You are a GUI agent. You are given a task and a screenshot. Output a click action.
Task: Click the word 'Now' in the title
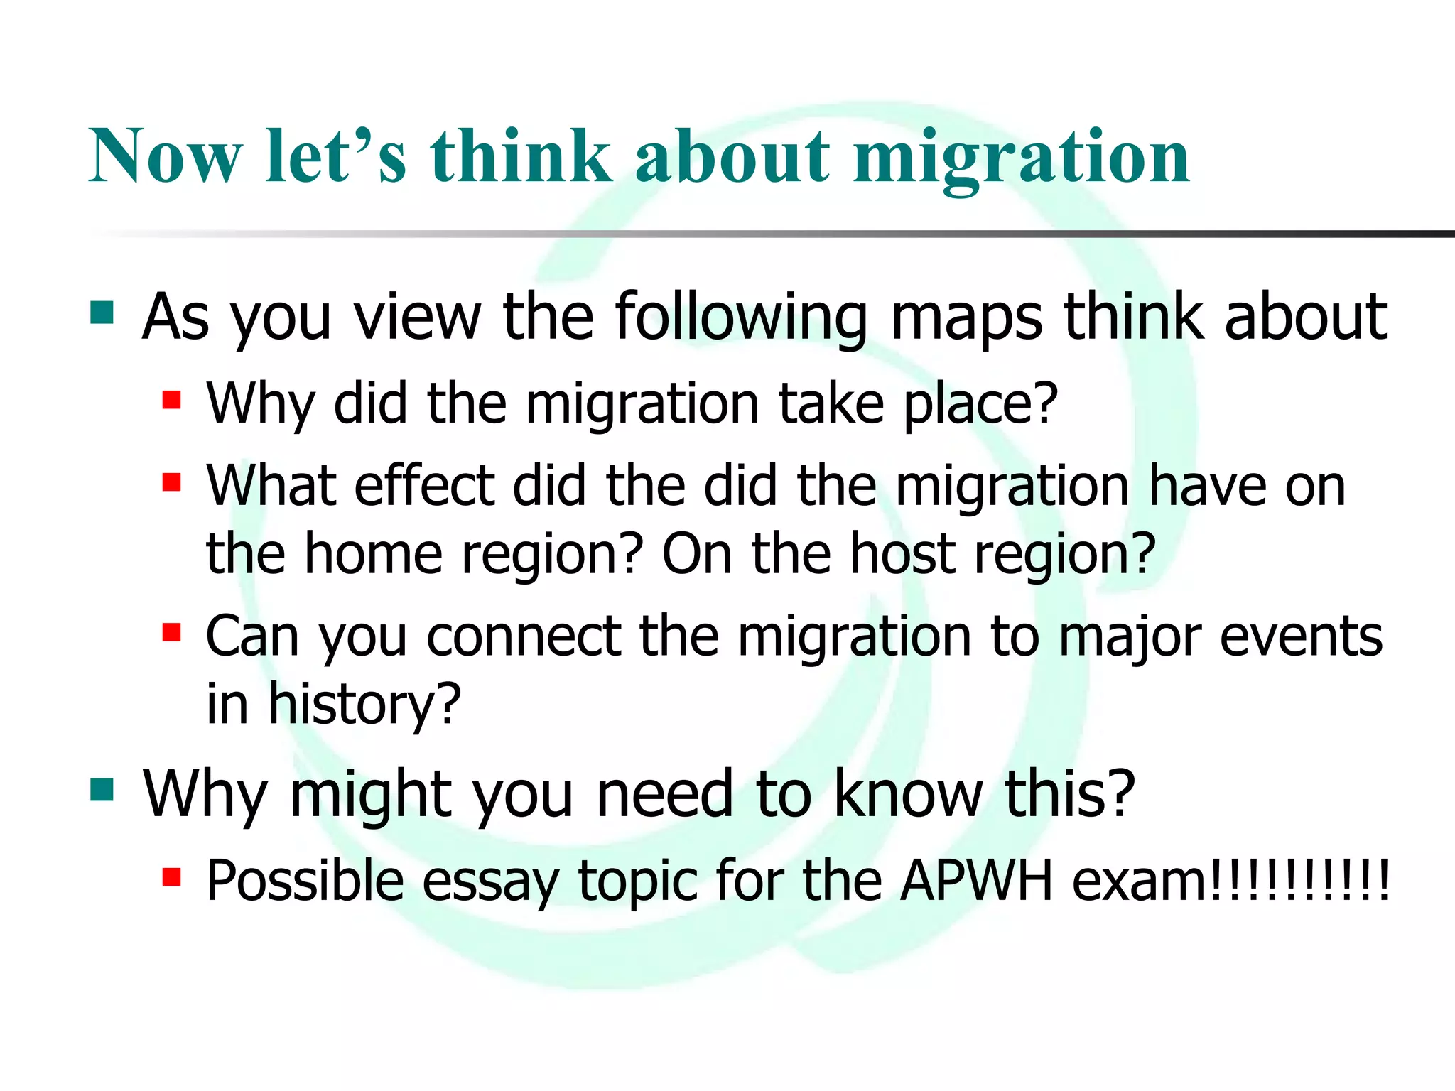tap(165, 156)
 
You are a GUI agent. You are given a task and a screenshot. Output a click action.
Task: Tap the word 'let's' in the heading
tap(336, 156)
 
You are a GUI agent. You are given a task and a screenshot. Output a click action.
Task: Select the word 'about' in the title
tap(732, 156)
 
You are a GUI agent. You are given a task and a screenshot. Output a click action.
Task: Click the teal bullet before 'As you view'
tap(102, 313)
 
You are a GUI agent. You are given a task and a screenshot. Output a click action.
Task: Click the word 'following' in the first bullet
tap(740, 317)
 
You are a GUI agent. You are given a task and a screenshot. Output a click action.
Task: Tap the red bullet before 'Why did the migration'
tap(171, 400)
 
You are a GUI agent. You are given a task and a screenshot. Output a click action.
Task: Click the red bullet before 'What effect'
tap(171, 482)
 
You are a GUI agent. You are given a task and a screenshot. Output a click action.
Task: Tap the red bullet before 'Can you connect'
tap(171, 631)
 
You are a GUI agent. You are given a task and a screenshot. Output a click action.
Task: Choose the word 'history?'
tap(364, 704)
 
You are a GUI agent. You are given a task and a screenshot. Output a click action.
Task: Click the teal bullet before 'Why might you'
tap(102, 789)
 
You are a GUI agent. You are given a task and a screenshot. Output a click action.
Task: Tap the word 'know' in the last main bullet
tap(909, 793)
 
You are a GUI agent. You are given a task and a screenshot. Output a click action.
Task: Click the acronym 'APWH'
tap(975, 881)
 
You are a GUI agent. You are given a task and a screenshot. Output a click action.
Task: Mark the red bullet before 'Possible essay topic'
tap(171, 877)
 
